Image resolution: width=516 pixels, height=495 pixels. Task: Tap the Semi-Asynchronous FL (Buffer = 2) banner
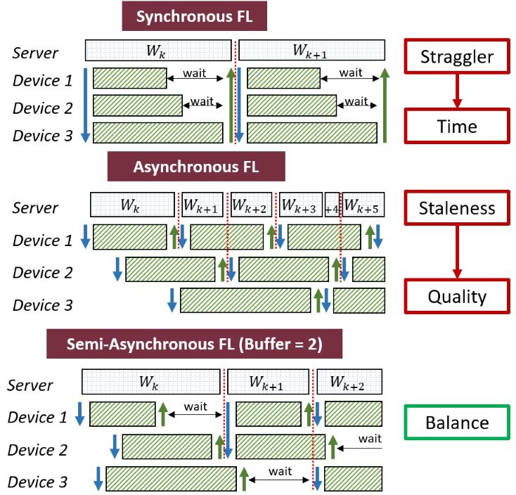point(195,345)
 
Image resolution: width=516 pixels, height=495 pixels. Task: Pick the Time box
point(457,127)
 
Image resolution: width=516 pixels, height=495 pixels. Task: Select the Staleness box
point(457,208)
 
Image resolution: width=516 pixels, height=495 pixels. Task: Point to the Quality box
point(457,296)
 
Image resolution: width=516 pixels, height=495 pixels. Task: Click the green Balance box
point(457,423)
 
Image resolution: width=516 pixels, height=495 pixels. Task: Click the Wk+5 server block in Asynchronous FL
point(364,205)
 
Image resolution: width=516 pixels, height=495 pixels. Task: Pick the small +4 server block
point(333,206)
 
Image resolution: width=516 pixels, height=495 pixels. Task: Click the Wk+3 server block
point(301,205)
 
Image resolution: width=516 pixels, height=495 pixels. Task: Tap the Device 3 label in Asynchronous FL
point(43,305)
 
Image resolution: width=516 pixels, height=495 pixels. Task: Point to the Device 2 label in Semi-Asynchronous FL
point(37,449)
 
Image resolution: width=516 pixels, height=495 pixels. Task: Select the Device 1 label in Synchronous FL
point(43,80)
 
